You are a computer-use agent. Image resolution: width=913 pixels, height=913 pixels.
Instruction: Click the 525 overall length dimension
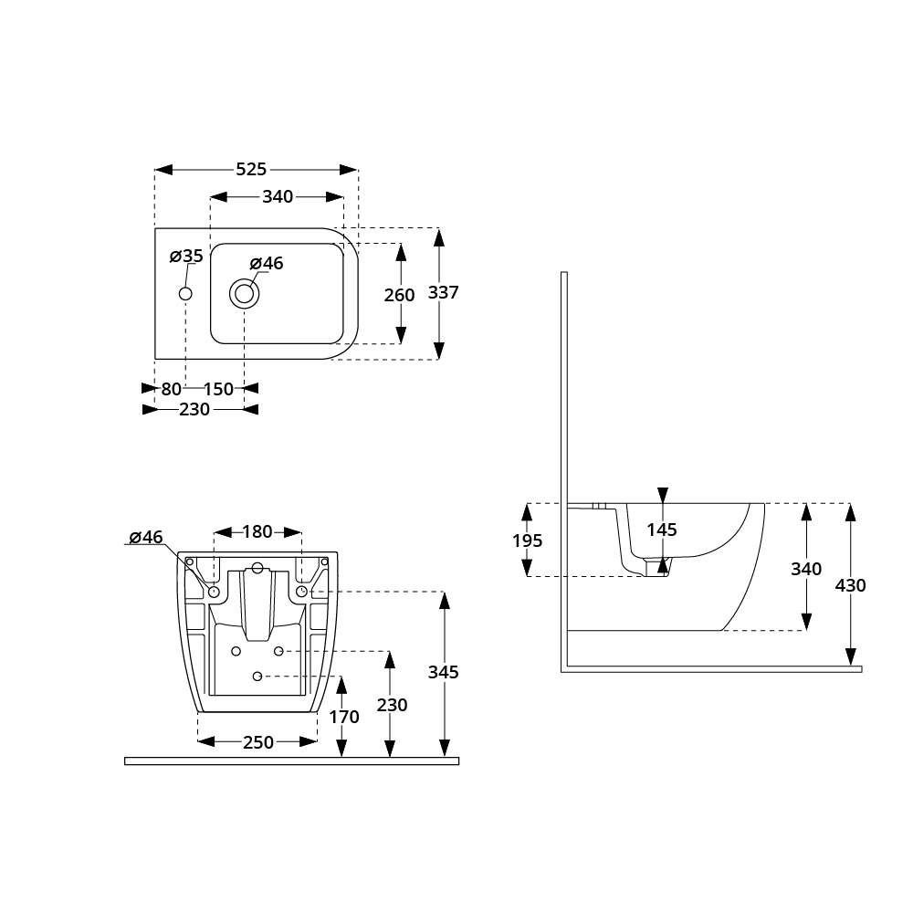tap(251, 169)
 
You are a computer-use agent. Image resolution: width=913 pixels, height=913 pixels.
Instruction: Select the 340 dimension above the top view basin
tap(278, 196)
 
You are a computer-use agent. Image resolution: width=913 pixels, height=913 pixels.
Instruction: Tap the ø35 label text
tap(186, 256)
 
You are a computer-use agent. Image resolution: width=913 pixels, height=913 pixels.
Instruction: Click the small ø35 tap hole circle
tap(185, 294)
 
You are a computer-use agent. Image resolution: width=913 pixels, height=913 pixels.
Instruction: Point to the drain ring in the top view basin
tap(244, 294)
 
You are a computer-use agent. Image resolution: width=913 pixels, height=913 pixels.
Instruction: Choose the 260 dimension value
tap(400, 295)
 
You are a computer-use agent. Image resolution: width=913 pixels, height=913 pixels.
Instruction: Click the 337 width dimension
tap(444, 293)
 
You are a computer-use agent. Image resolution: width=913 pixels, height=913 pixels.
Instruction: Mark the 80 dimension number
tap(171, 389)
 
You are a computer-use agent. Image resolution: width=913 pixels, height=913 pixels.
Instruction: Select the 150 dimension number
tap(218, 389)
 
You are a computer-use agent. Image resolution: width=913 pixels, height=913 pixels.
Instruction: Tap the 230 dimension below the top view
tap(194, 410)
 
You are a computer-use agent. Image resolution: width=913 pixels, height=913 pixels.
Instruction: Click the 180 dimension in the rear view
tap(257, 531)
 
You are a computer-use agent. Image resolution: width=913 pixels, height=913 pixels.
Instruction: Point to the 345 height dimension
tap(444, 673)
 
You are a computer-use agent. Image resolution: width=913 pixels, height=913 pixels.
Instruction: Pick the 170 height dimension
tap(344, 718)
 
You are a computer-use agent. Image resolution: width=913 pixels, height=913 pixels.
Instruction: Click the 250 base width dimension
tap(258, 742)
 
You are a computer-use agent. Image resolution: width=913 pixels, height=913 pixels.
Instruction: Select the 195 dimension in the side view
tap(527, 540)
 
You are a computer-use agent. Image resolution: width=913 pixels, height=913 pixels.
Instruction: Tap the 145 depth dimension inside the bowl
tap(662, 530)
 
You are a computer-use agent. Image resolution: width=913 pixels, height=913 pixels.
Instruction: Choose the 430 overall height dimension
tap(851, 585)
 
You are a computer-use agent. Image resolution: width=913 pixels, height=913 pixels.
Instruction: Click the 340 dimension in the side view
tap(806, 569)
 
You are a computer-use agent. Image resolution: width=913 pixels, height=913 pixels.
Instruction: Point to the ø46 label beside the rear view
tap(145, 537)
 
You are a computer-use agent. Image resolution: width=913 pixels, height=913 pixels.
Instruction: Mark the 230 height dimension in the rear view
tap(392, 706)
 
